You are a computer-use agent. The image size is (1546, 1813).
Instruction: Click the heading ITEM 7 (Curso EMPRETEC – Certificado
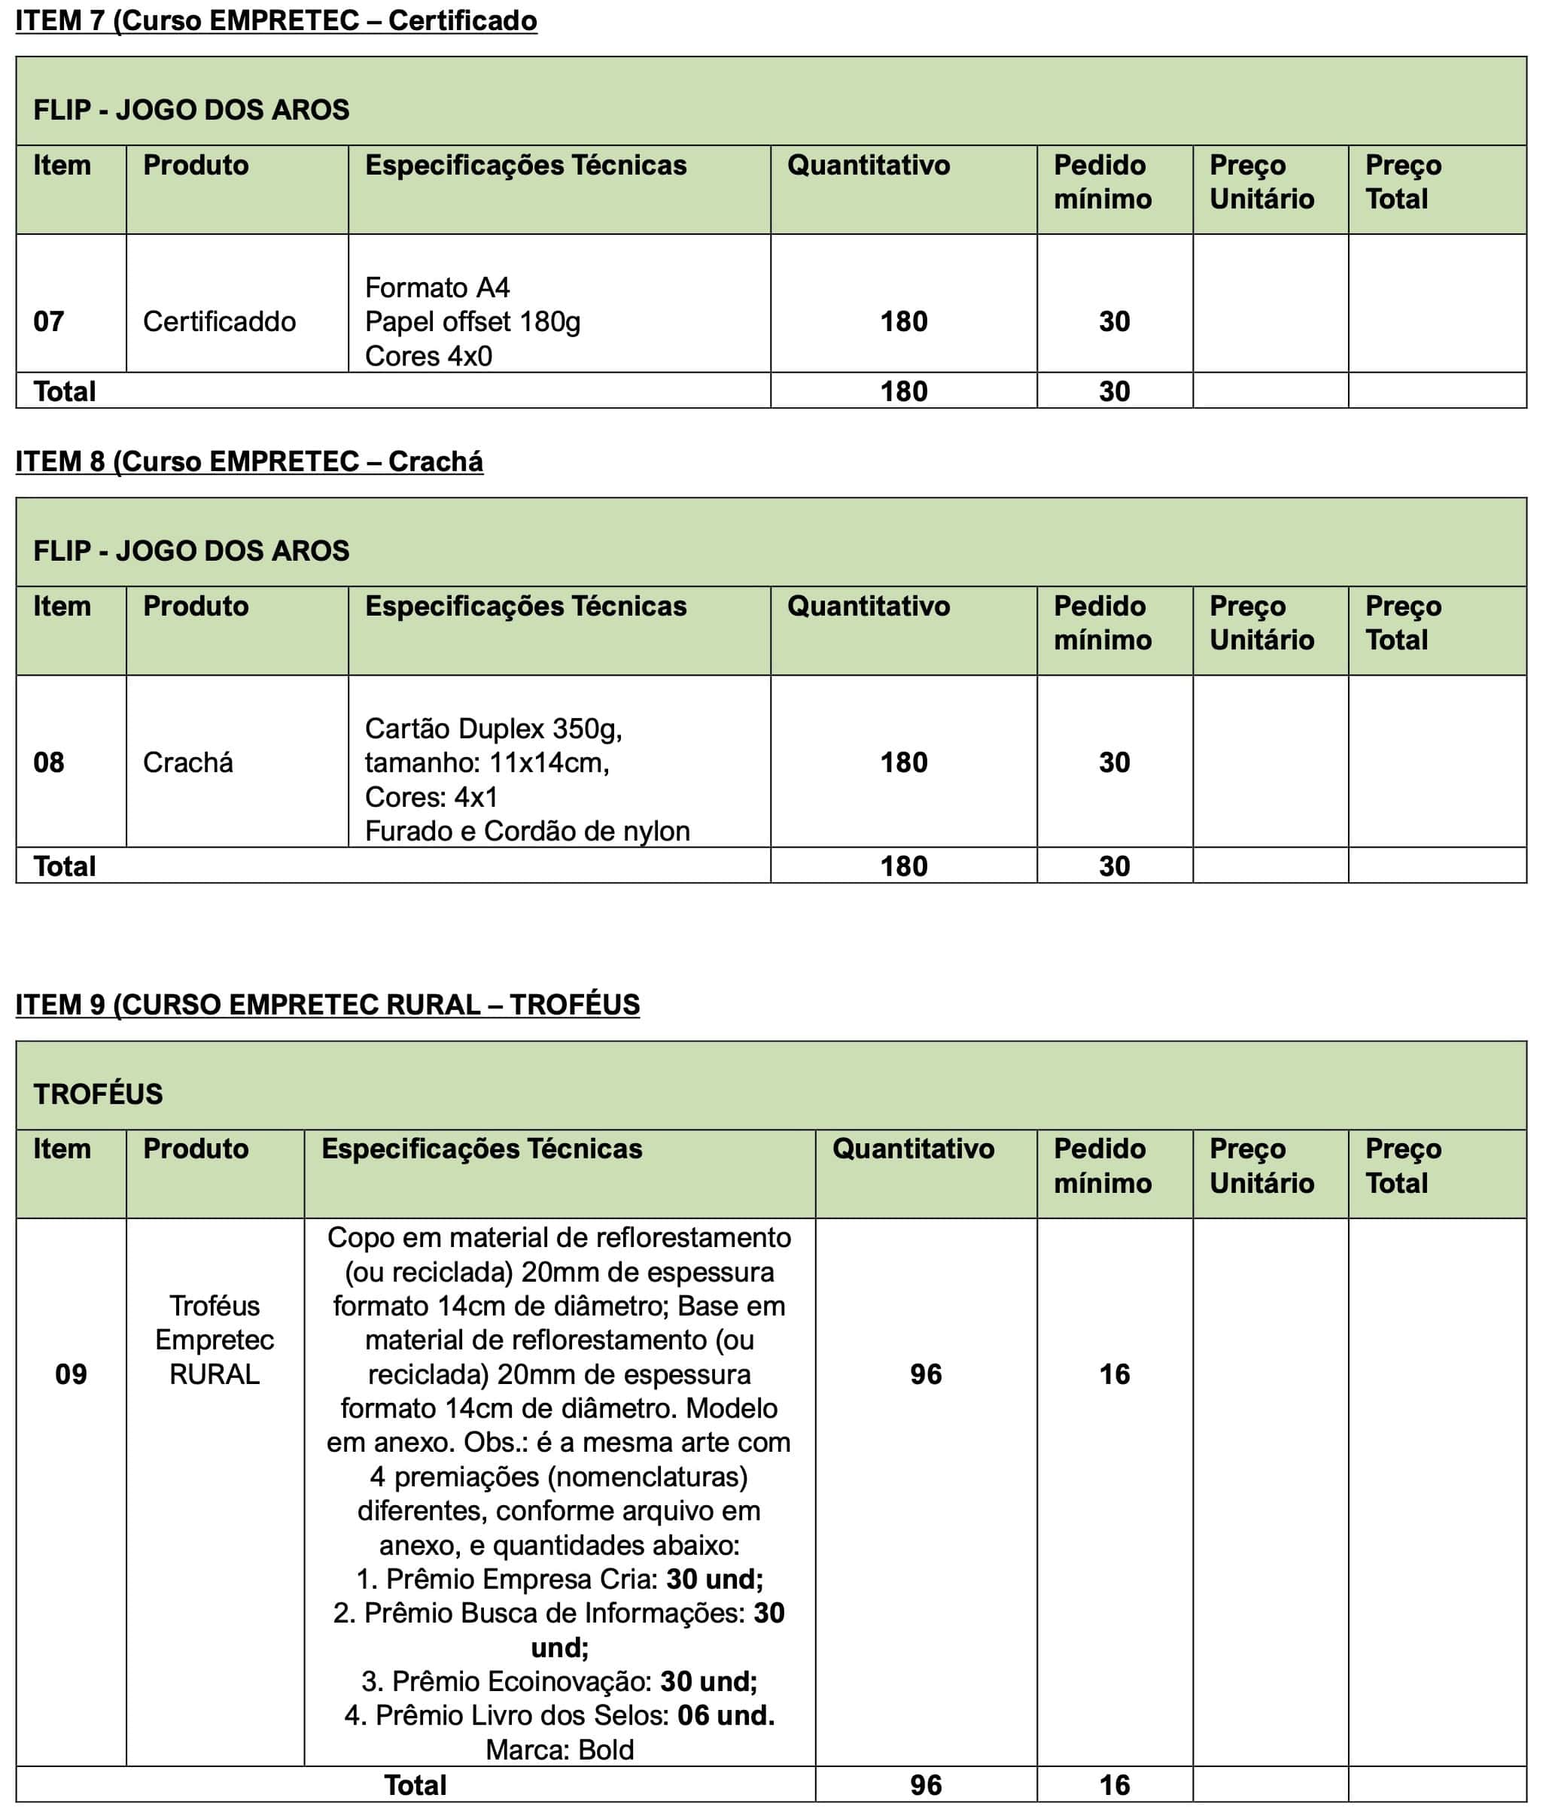[x=275, y=21]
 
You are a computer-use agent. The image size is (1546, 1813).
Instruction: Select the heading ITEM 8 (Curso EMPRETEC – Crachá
[x=248, y=461]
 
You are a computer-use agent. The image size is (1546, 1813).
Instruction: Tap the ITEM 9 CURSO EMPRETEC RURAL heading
[x=327, y=1005]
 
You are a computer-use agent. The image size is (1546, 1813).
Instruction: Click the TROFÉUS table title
[x=98, y=1094]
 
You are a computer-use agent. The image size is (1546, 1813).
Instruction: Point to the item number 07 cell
[x=49, y=321]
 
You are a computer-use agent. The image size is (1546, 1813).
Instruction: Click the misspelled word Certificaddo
[x=219, y=321]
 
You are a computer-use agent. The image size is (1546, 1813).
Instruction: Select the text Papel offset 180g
[x=473, y=321]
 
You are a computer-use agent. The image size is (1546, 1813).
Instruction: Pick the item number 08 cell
[x=49, y=762]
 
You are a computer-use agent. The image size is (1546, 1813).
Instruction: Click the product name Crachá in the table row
[x=188, y=762]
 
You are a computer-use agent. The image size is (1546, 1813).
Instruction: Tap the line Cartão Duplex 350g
[x=494, y=728]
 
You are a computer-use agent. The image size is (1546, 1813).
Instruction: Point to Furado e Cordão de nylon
[x=527, y=830]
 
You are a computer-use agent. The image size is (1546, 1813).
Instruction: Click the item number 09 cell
[x=71, y=1373]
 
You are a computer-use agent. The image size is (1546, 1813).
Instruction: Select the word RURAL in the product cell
[x=215, y=1373]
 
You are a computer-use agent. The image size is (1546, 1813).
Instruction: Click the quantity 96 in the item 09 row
[x=926, y=1373]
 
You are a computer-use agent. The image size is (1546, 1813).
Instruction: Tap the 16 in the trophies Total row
[x=1115, y=1785]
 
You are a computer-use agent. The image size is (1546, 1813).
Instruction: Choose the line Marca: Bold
[x=559, y=1750]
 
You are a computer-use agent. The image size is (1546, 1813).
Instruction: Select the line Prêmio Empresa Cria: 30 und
[x=559, y=1578]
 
